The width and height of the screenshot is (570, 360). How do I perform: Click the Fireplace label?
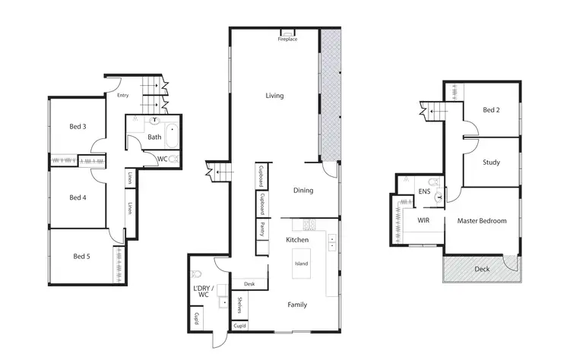(x=287, y=39)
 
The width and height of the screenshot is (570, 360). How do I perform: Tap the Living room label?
(x=274, y=96)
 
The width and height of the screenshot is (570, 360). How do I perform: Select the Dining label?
(x=303, y=191)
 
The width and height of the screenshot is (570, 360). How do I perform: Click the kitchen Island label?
(x=300, y=264)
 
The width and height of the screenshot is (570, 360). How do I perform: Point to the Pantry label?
(x=261, y=226)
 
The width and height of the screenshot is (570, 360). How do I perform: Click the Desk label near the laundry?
(x=249, y=283)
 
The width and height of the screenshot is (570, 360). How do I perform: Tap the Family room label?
(x=297, y=305)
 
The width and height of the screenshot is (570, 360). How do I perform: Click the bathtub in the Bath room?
(x=173, y=137)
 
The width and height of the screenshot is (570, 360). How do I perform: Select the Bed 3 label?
(x=77, y=126)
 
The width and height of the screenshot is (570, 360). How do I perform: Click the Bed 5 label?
(x=80, y=256)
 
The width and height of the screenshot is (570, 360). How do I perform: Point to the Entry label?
(x=122, y=96)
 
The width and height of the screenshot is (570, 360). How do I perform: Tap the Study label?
(x=491, y=162)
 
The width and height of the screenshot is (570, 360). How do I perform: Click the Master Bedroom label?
(x=482, y=221)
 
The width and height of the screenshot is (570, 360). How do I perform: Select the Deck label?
(x=482, y=269)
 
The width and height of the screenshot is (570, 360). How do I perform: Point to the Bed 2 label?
(x=491, y=110)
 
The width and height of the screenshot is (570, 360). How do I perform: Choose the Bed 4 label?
(x=77, y=197)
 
